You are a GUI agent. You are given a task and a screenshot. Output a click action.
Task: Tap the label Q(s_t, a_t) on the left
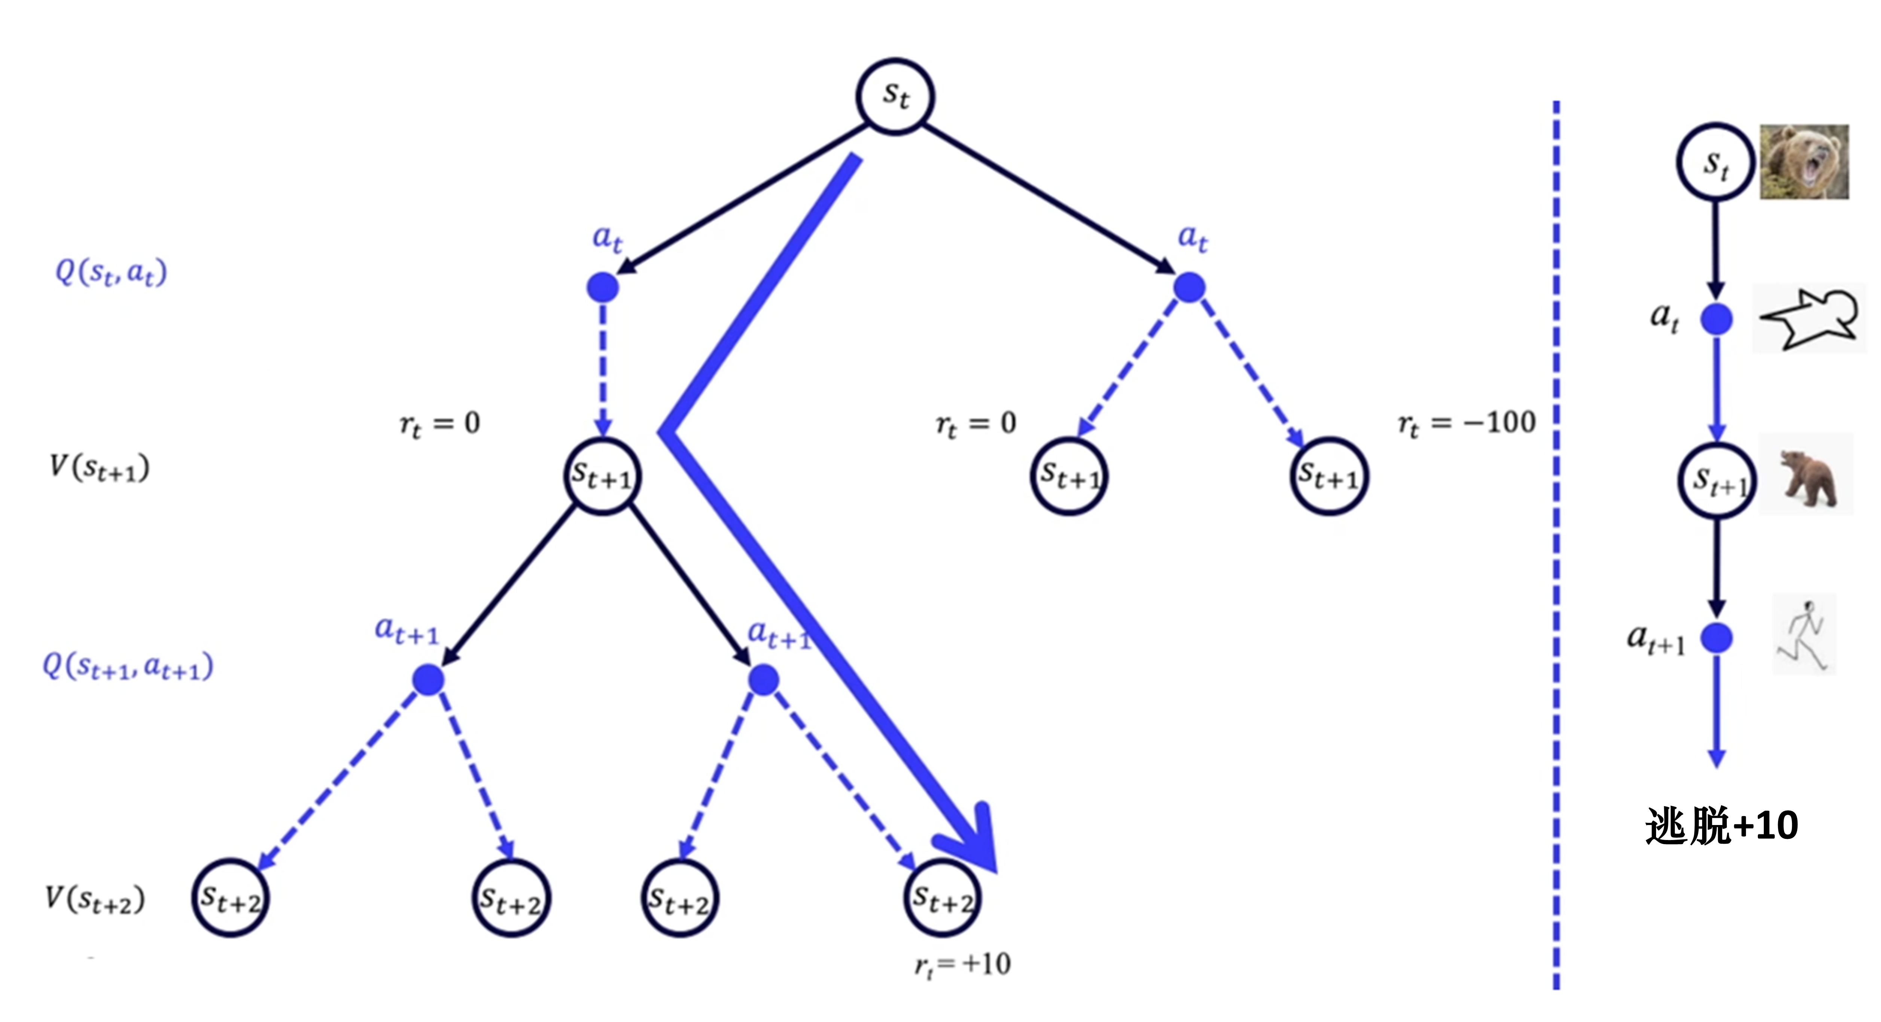[x=111, y=273]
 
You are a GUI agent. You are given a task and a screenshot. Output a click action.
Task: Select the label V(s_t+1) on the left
[x=99, y=467]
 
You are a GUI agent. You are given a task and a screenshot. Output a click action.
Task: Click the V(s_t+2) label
[x=95, y=899]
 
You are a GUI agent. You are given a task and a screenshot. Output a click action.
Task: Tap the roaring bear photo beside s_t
[x=1804, y=161]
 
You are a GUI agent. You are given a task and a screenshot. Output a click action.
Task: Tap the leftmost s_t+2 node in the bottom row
[x=231, y=898]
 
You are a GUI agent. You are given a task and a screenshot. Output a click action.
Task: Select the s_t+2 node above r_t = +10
[x=943, y=898]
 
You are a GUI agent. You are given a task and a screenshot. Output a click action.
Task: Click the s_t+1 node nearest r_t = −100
[x=1328, y=476]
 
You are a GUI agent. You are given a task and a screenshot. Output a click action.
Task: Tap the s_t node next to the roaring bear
[x=1715, y=161]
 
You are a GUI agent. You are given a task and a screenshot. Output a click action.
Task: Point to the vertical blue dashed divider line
[x=1556, y=548]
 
